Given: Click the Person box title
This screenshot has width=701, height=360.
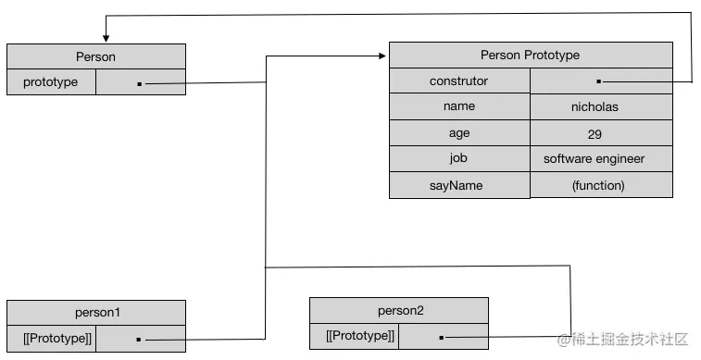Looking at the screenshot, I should (x=95, y=56).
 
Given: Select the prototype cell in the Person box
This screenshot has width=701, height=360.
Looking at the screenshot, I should (x=51, y=82).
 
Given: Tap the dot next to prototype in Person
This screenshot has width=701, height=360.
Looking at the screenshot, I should (x=139, y=83).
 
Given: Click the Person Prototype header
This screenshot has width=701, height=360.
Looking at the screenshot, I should (x=530, y=55).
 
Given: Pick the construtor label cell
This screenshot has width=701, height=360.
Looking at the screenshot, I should (x=458, y=81).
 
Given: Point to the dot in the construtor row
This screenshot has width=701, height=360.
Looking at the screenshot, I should (x=599, y=81).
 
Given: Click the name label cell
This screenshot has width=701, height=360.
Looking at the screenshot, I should (x=458, y=106).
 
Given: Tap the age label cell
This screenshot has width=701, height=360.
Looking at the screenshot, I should (x=458, y=133).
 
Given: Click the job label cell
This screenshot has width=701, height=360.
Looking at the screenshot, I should (x=458, y=158).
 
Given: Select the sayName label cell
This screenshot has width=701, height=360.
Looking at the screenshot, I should (x=458, y=185).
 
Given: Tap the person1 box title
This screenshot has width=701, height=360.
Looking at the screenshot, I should (x=95, y=313).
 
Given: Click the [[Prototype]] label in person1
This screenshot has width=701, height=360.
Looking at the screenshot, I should (x=50, y=339).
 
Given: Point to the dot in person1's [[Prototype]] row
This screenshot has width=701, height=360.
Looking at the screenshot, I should (x=139, y=340).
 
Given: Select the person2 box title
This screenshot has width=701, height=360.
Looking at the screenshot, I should (x=398, y=310).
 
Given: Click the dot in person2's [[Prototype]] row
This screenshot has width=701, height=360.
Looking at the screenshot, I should (x=442, y=337).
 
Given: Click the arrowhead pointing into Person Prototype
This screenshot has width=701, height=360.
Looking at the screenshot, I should (x=382, y=56).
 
